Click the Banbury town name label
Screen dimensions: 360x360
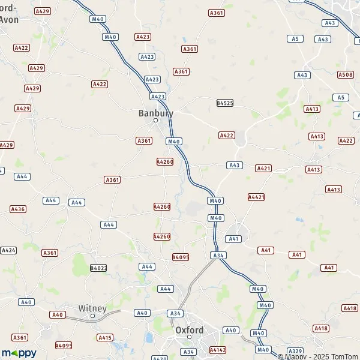155,113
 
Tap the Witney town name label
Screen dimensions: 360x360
92,308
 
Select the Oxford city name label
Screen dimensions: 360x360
189,330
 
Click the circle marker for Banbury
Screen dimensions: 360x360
155,121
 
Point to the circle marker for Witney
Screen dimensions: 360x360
92,316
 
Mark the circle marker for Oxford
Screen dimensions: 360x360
189,337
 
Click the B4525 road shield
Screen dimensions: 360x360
224,103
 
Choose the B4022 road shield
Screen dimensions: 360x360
98,268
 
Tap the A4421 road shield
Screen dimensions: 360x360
256,197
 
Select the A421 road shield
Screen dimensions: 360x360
263,169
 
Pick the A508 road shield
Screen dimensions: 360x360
345,74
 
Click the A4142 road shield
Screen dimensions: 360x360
217,349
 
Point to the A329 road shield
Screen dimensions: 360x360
295,350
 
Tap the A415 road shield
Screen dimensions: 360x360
105,338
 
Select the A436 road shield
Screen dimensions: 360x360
18,209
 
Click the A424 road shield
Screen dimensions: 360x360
8,250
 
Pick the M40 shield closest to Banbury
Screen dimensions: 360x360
174,142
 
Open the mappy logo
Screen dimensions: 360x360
19,353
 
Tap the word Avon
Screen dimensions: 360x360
9,19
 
